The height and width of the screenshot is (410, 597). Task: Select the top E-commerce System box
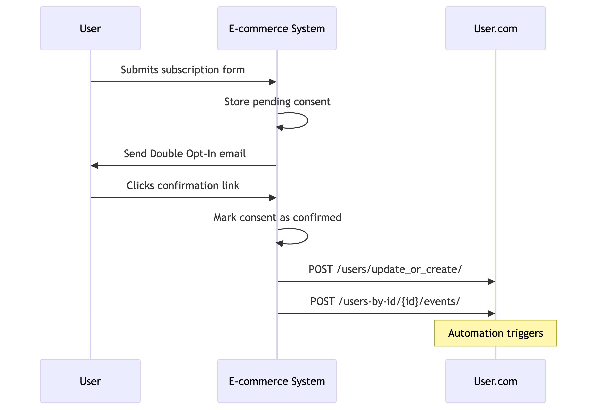click(x=277, y=28)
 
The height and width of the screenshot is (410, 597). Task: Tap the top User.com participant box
click(x=495, y=28)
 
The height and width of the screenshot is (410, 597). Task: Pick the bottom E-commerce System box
click(x=277, y=381)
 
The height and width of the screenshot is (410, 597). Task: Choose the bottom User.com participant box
click(x=495, y=381)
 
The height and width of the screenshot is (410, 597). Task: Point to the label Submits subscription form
click(x=183, y=70)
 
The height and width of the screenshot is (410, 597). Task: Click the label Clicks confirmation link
click(x=183, y=185)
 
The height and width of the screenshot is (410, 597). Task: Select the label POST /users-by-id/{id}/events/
click(x=385, y=301)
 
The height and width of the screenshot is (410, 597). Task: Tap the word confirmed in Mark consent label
click(x=317, y=218)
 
